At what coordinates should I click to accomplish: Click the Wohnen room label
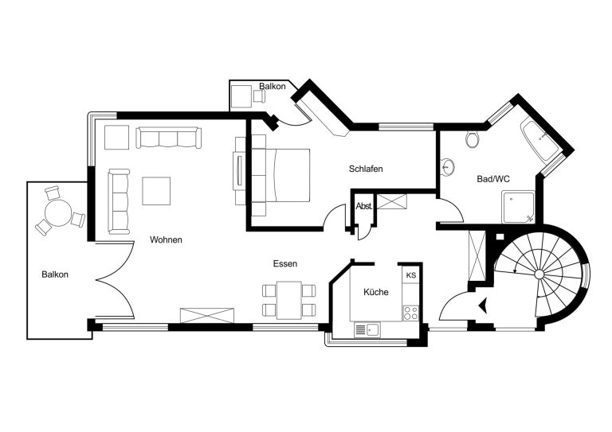[166, 239]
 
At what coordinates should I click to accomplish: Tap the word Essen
[285, 263]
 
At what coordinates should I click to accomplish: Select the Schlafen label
[366, 169]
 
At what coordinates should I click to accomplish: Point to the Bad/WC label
[493, 179]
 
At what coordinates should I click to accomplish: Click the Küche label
[376, 292]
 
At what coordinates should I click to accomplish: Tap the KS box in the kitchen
[411, 275]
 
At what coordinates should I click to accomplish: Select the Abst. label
[363, 207]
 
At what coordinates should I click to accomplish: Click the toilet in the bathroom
[473, 139]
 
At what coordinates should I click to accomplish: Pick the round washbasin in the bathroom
[448, 168]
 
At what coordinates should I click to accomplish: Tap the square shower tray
[518, 207]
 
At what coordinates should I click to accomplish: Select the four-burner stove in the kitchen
[410, 313]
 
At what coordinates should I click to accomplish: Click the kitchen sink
[367, 330]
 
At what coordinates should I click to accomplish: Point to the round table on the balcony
[57, 212]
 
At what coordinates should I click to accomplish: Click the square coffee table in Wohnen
[156, 191]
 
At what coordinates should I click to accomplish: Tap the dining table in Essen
[288, 300]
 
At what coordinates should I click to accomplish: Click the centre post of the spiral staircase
[539, 274]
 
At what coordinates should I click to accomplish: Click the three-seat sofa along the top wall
[169, 138]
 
